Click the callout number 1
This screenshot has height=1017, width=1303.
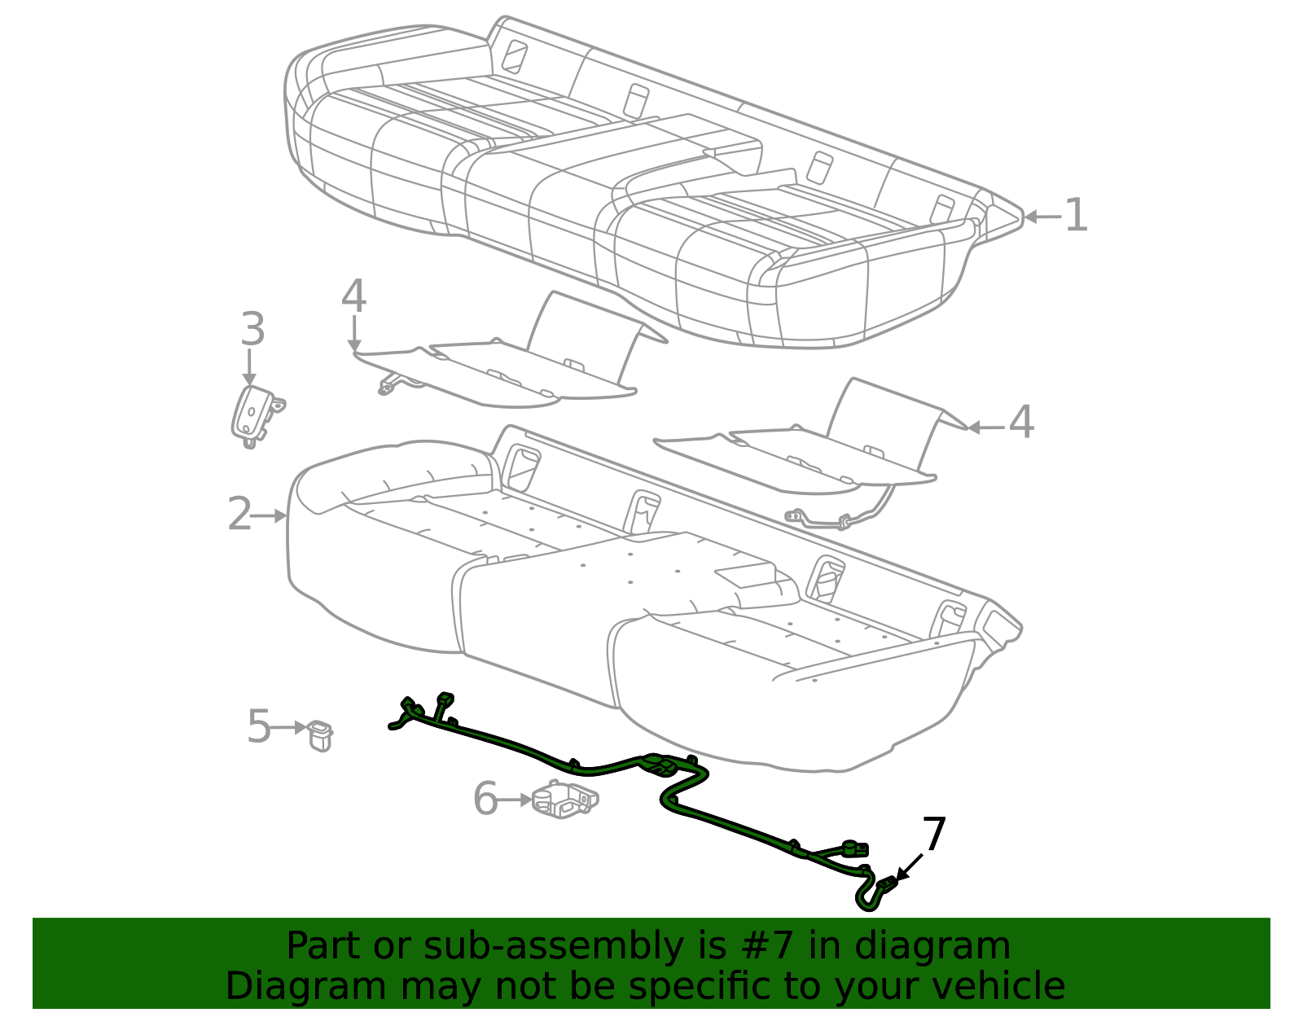(1076, 216)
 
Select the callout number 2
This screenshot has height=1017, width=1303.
(239, 515)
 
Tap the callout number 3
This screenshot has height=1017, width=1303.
(252, 330)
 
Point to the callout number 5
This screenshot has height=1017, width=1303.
(258, 726)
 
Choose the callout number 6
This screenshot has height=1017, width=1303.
(485, 799)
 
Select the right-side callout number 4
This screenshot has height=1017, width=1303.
(1021, 423)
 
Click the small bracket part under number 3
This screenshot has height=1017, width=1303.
(254, 416)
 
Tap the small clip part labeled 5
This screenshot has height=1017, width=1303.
(320, 735)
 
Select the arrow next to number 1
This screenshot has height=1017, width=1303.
(1042, 217)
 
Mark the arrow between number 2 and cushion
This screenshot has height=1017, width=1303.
(270, 515)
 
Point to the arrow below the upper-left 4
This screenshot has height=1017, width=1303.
(354, 334)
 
